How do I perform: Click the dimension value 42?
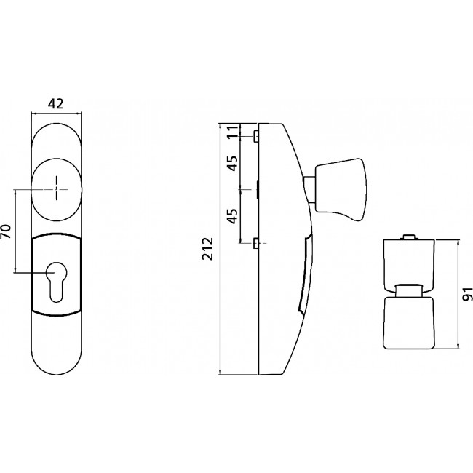click(x=56, y=104)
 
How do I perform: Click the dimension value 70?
click(x=7, y=231)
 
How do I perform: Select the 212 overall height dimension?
click(x=207, y=249)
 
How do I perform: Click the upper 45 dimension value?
click(x=233, y=164)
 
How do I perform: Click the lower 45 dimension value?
click(x=233, y=216)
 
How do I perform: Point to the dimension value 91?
click(x=467, y=294)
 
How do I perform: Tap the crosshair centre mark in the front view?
click(x=56, y=189)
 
